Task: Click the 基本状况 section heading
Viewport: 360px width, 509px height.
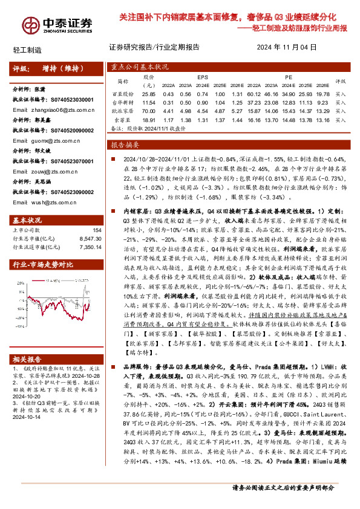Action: (x=27, y=220)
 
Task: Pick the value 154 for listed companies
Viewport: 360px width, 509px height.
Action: (x=97, y=231)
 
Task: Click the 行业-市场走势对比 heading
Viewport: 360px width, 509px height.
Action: (x=43, y=265)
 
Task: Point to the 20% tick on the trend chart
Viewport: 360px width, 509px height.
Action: (x=18, y=285)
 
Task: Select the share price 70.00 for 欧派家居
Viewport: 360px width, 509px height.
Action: (x=148, y=111)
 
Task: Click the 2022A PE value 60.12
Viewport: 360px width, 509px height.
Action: (x=254, y=94)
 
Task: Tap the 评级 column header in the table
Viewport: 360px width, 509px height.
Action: (x=340, y=81)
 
